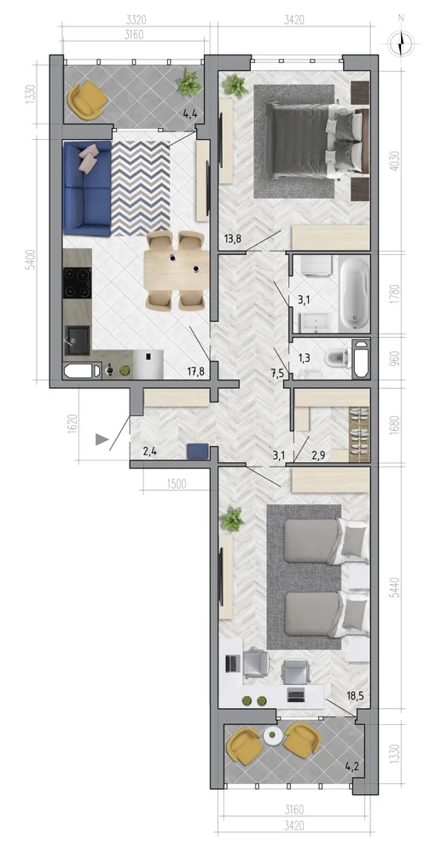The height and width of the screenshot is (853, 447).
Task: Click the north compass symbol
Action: click(x=401, y=43)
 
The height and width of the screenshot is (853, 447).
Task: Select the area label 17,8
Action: click(x=196, y=372)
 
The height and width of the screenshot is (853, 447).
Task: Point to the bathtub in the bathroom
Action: click(x=355, y=293)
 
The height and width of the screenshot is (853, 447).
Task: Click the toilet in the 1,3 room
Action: click(x=336, y=359)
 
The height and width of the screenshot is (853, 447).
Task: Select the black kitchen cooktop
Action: click(x=77, y=282)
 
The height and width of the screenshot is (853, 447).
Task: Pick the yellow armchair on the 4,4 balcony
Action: click(x=86, y=98)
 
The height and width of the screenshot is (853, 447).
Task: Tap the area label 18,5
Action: click(x=357, y=695)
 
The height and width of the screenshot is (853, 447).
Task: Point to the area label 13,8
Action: click(x=233, y=238)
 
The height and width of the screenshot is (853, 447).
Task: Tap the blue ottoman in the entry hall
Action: click(x=197, y=452)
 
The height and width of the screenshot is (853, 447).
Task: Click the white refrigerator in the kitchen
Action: click(x=148, y=363)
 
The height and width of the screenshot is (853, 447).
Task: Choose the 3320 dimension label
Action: click(x=136, y=20)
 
